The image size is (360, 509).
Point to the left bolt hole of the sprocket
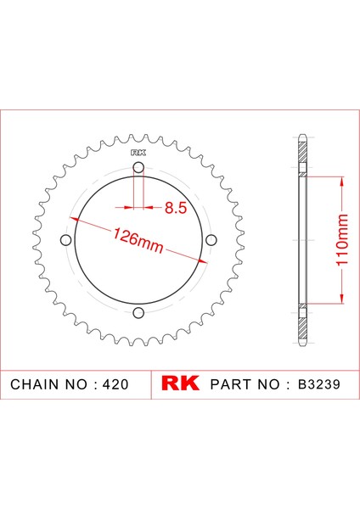pyautogui.click(x=66, y=241)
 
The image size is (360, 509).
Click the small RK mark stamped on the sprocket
pyautogui.click(x=138, y=154)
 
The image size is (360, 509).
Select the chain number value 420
pyautogui.click(x=115, y=384)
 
